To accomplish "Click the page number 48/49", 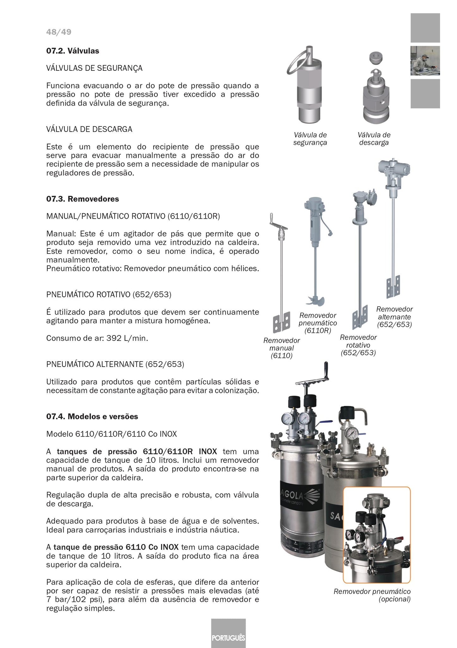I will coord(59,32).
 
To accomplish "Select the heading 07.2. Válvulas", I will coord(72,51).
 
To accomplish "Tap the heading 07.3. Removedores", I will coord(83,199).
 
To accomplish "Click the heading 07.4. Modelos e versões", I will coord(92,416).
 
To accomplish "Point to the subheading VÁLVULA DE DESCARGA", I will coord(89,129).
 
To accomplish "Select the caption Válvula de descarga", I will coord(374,139).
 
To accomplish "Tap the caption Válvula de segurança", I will coord(310,139).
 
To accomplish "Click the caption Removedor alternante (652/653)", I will coord(394,317).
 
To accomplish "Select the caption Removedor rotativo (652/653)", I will coord(358,345).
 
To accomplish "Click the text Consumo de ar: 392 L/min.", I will coord(97,338).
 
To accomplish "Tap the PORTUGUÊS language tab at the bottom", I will coord(228,637).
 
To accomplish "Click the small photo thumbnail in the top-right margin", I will coord(425,61).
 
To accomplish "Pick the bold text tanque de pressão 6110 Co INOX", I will coord(116,547).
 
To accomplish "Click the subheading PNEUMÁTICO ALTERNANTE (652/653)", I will coord(115,364).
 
